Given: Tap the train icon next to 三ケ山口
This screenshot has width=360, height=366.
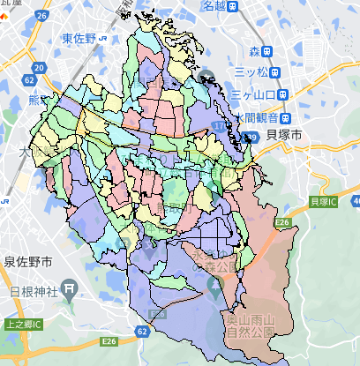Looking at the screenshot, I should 282,94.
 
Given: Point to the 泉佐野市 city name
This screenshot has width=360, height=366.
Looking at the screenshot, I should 27,263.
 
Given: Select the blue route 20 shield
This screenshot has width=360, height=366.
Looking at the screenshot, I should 38,66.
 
